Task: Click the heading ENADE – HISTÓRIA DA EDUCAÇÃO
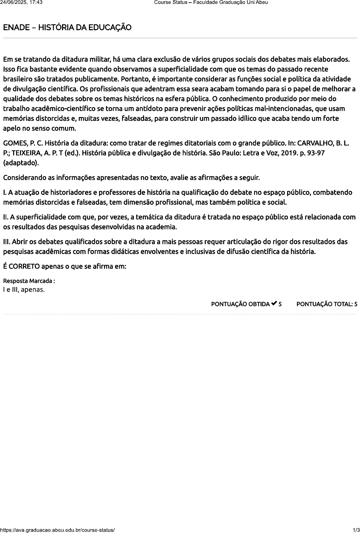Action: point(67,28)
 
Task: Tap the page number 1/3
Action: point(356,530)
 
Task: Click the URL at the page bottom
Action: point(57,530)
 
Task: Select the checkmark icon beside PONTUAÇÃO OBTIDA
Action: point(274,304)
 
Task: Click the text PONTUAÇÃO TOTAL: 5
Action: point(327,304)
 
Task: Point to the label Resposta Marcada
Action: point(29,281)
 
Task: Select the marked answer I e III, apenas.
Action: point(24,289)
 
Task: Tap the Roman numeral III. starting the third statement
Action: point(7,242)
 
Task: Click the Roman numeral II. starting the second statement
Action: point(6,217)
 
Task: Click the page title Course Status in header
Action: point(171,3)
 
